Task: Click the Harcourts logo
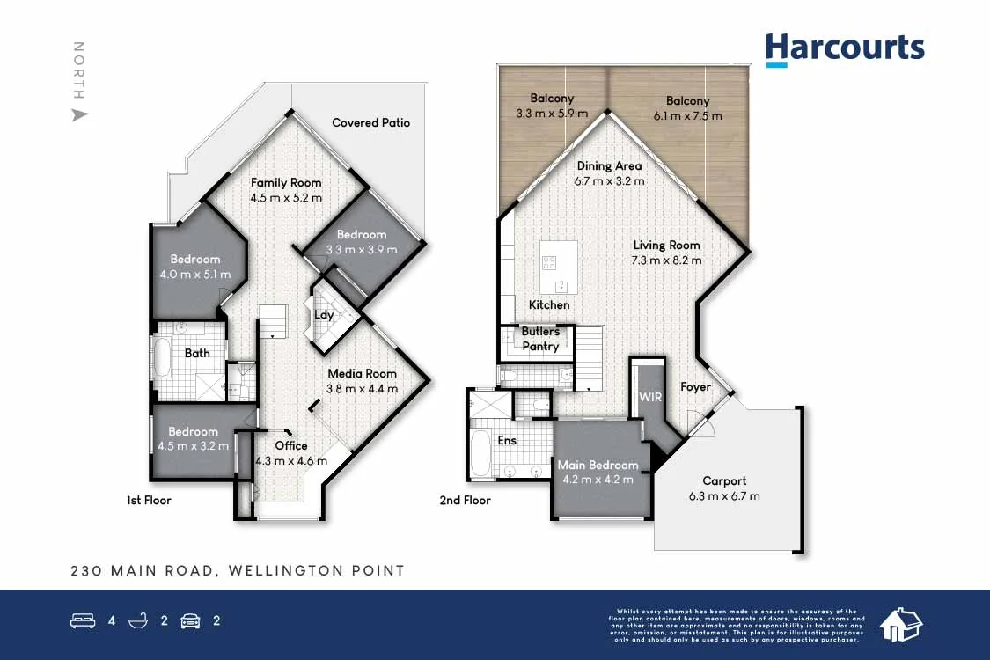[x=845, y=49]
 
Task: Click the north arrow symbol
[x=79, y=114]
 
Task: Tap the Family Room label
[x=286, y=183]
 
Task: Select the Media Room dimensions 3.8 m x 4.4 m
[x=363, y=388]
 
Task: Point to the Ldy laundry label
[x=324, y=314]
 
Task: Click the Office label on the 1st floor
[x=290, y=445]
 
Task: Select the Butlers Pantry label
[x=540, y=339]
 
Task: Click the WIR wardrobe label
[x=649, y=397]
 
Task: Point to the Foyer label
[x=696, y=386]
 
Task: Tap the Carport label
[x=724, y=481]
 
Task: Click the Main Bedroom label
[x=598, y=465]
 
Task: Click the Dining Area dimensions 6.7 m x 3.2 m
[x=609, y=180]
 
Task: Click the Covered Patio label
[x=370, y=123]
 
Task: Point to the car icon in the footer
[x=190, y=621]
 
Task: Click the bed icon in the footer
[x=83, y=621]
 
